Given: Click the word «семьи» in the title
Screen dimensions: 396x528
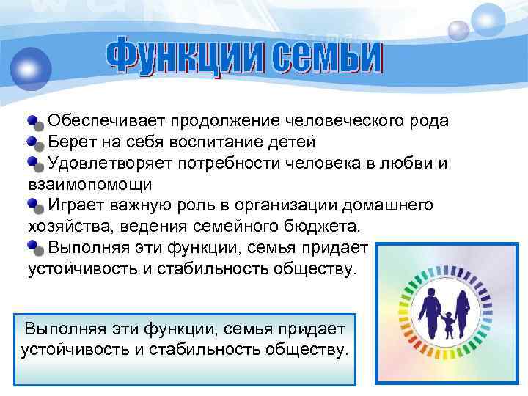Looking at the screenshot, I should (328, 55).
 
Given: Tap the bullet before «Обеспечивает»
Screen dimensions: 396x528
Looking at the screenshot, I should (35, 120).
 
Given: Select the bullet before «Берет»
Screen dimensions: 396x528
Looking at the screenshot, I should (35, 141).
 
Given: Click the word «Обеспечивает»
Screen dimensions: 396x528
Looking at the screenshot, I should (100, 120).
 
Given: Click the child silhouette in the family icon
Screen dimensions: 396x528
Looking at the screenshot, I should (447, 323).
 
